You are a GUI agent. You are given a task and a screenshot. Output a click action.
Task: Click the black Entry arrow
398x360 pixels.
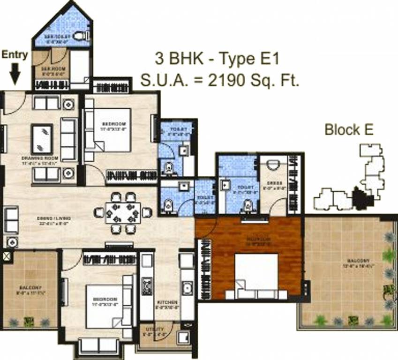click(15, 74)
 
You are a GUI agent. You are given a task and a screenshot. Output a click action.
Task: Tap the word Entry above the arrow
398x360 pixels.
click(15, 54)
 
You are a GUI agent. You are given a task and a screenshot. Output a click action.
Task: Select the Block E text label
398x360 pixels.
click(349, 130)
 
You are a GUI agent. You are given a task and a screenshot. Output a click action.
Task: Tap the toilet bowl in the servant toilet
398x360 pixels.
click(81, 36)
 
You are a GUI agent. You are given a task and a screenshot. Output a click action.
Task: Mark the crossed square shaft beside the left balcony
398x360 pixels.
click(7, 256)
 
